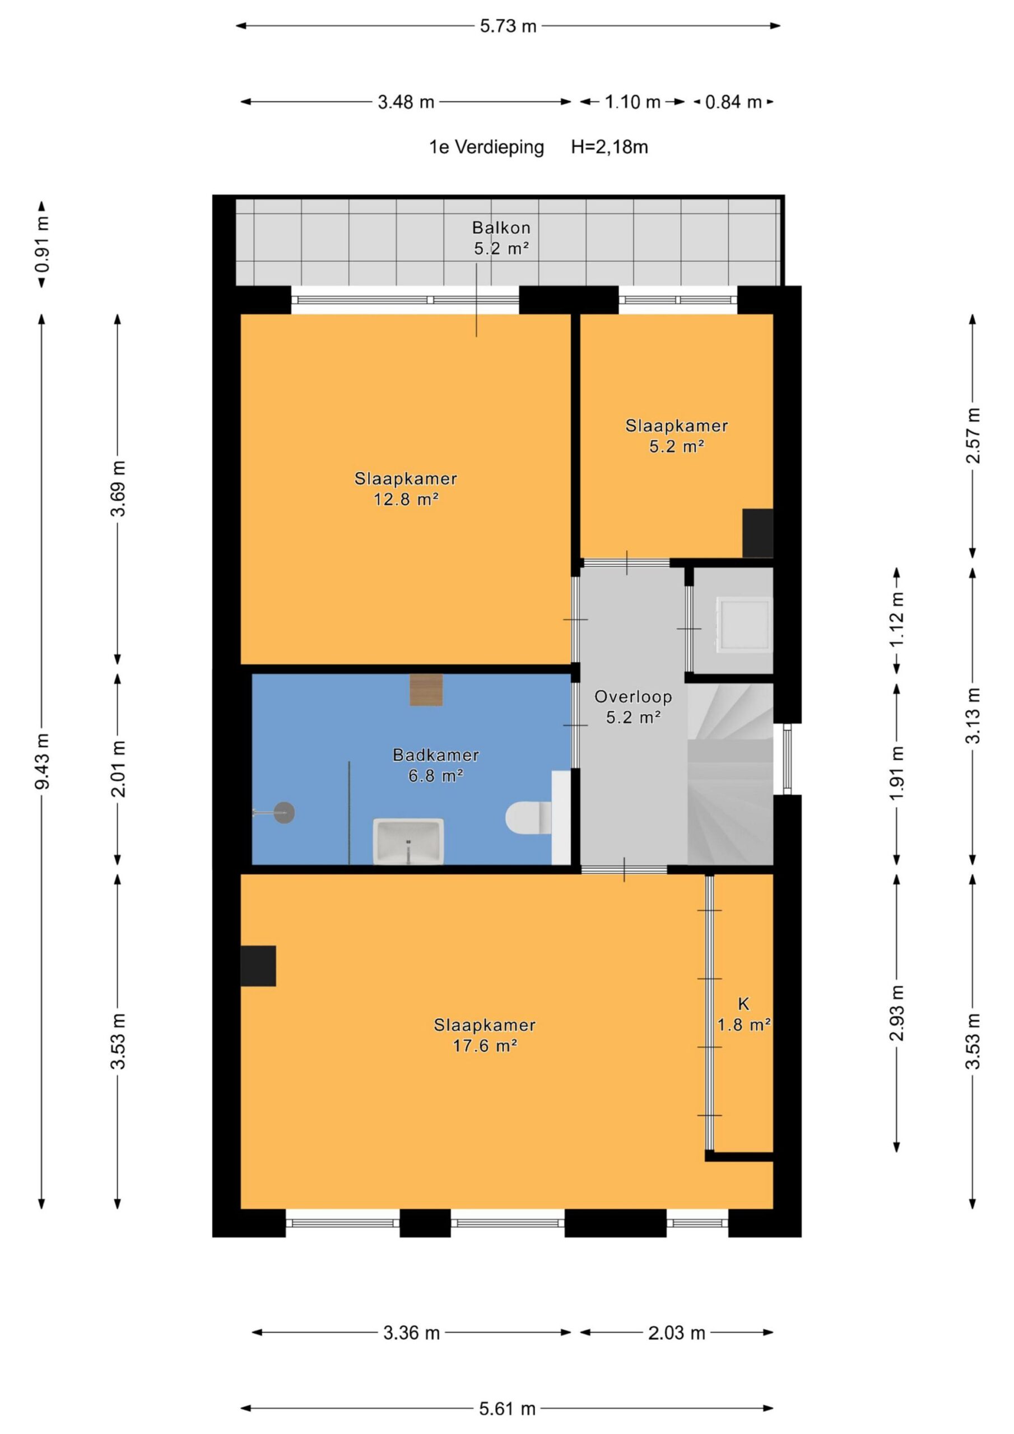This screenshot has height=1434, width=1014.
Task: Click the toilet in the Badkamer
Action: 528,818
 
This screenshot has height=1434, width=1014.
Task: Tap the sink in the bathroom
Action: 408,841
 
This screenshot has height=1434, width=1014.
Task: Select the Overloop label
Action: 633,696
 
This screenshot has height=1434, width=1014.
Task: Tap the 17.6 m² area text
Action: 485,1045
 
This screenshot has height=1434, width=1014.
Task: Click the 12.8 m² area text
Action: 406,499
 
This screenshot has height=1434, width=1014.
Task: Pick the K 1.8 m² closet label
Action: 743,1014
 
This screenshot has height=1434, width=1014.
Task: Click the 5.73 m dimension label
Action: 508,26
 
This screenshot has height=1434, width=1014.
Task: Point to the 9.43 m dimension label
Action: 43,761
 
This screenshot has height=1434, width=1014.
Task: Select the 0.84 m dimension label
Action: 733,102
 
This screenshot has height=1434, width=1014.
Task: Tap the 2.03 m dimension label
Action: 676,1333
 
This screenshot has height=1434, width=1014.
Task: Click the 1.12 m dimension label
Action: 897,620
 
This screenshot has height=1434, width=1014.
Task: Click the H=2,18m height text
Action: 609,147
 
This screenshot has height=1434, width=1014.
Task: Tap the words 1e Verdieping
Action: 486,147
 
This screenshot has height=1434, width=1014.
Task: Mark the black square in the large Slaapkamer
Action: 258,966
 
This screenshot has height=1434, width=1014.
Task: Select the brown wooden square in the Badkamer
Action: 426,690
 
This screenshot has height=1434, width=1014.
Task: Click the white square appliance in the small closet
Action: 744,625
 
